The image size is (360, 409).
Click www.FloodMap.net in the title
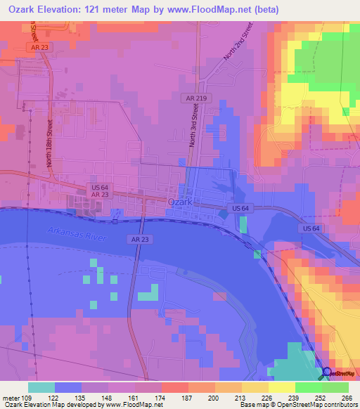click(214, 10)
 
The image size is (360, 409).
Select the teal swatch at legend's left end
click(41, 387)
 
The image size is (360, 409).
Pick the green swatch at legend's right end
click(335, 387)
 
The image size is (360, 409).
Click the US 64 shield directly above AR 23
click(99, 186)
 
